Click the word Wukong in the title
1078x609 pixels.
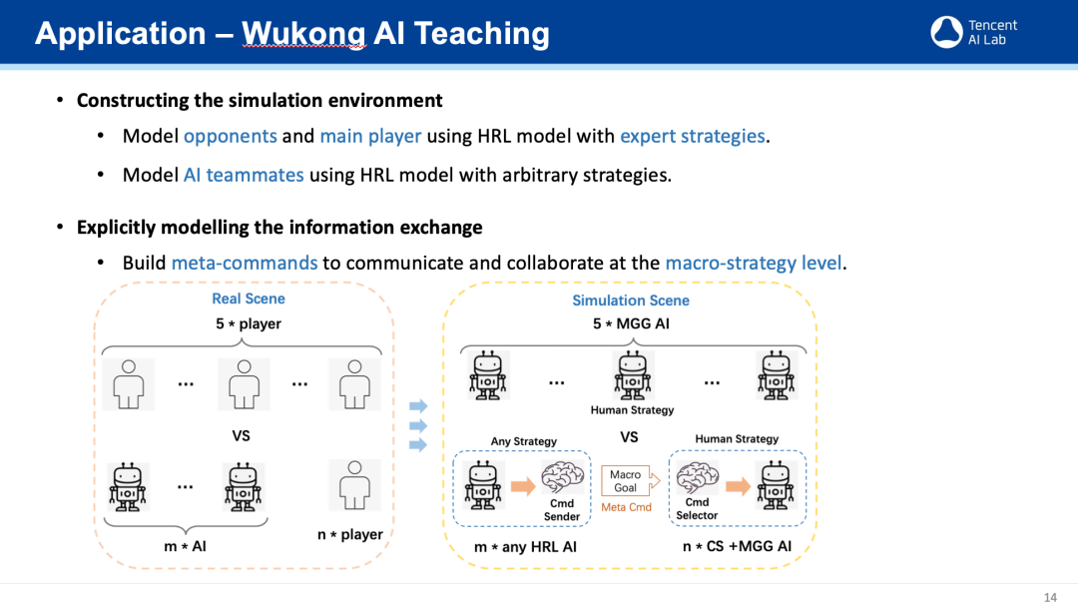[x=303, y=34]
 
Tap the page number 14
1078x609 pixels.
[x=1050, y=597]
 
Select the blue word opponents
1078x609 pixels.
[x=230, y=136]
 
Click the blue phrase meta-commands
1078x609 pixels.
[x=245, y=263]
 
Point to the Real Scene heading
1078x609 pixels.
[x=249, y=299]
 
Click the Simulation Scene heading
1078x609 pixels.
[x=630, y=301]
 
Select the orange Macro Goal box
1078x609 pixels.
[x=625, y=481]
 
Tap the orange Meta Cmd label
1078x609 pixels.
[x=626, y=507]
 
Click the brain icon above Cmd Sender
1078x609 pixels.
[x=562, y=477]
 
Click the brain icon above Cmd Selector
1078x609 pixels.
[x=697, y=477]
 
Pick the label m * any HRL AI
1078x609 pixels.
[x=525, y=546]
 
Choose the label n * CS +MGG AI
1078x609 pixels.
[x=737, y=546]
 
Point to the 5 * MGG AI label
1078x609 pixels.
[x=631, y=324]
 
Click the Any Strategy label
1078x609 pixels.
[x=523, y=441]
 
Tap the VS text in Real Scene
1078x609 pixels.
[x=241, y=435]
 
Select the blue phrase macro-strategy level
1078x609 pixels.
[x=754, y=263]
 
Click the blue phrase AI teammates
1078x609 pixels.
[x=244, y=175]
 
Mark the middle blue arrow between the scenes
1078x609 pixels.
[x=418, y=425]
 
